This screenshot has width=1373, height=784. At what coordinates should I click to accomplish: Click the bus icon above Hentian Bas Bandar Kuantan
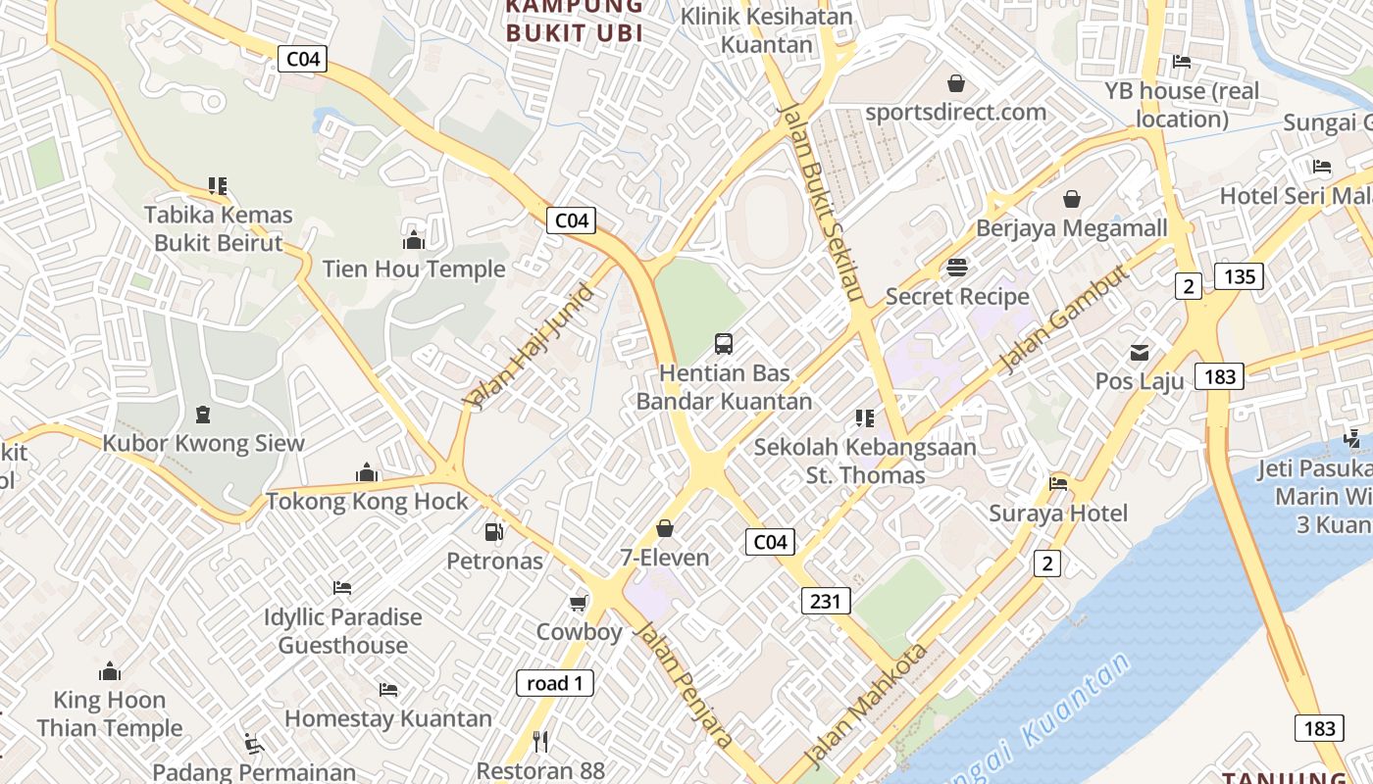(x=724, y=343)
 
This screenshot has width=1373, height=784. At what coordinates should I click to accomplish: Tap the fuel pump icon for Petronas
(x=494, y=532)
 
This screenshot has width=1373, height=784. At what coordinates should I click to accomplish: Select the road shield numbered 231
(x=826, y=601)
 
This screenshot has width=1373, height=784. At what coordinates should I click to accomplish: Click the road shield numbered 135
(x=1240, y=276)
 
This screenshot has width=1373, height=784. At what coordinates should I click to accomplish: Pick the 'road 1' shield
(x=555, y=683)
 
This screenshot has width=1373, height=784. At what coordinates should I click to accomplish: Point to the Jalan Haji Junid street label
(x=530, y=346)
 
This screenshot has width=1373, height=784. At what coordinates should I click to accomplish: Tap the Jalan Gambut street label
(x=1063, y=318)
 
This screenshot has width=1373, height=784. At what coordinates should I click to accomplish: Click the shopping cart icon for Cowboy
(x=579, y=603)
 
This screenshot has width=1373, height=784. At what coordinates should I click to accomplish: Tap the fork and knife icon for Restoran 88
(x=540, y=741)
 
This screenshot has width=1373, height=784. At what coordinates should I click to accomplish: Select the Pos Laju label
(x=1140, y=381)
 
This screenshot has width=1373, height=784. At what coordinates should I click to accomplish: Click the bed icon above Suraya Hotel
(x=1058, y=483)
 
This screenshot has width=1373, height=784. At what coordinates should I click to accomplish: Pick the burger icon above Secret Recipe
(x=957, y=267)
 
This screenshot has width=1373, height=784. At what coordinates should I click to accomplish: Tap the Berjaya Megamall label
(x=1072, y=228)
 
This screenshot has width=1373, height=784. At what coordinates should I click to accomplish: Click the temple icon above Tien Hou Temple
(x=414, y=240)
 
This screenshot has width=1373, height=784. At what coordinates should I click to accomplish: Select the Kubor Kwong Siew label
(x=204, y=443)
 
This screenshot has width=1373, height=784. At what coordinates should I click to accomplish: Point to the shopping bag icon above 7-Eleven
(x=665, y=529)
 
